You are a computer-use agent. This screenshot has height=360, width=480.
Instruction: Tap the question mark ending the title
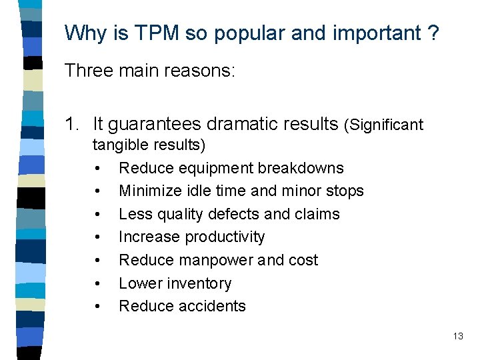coord(433,33)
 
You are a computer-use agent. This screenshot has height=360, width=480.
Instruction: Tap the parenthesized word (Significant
coord(383,125)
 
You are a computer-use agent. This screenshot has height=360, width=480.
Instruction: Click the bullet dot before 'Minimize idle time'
coord(98,191)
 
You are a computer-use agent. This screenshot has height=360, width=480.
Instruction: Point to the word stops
coord(344,191)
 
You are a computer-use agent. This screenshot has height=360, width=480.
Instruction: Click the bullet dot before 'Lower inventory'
coord(98,284)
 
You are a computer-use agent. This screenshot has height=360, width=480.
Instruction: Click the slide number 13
coord(458,336)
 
